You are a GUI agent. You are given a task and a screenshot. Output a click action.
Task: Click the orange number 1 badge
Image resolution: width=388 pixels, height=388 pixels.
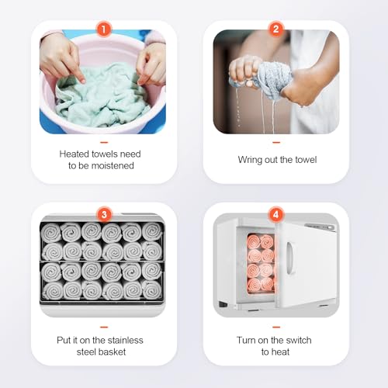[x=104, y=29]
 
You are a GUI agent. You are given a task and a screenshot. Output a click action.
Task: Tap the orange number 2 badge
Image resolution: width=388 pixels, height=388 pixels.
[x=276, y=29]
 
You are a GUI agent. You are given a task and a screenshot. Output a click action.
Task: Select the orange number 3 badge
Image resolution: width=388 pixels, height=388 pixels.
[x=104, y=215]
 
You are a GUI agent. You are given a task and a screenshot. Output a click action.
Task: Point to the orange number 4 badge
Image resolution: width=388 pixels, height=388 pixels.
[x=276, y=215]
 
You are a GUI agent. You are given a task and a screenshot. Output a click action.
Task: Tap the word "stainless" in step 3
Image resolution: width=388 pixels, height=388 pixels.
[x=125, y=340]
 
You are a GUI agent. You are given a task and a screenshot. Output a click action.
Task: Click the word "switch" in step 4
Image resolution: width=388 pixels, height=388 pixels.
[x=298, y=340]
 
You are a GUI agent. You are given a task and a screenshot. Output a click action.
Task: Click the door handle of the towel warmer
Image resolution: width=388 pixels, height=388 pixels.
[x=290, y=258]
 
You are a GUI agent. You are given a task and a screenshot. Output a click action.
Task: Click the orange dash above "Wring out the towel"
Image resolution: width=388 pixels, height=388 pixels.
[x=276, y=142]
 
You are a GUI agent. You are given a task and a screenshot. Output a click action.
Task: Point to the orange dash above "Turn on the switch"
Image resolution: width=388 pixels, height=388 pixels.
[x=276, y=327]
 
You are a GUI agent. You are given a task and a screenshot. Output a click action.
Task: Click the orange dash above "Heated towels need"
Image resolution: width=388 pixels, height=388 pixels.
[x=104, y=142]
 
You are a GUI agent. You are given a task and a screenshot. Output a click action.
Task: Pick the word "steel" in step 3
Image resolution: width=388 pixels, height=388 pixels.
[x=86, y=352]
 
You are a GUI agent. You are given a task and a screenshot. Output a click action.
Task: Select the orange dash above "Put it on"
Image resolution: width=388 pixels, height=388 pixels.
[x=104, y=327]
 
